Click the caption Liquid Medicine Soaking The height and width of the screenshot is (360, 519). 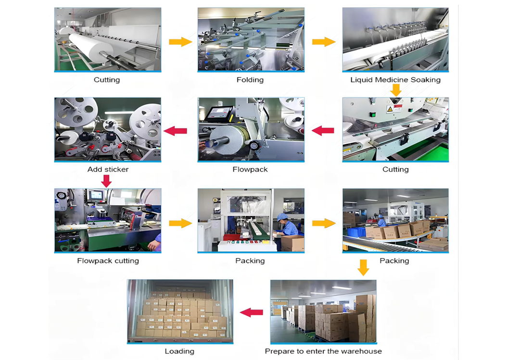(x=395, y=80)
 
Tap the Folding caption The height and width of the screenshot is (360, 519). (x=250, y=80)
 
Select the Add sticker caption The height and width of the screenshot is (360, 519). (x=108, y=169)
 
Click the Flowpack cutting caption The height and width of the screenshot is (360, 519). (x=108, y=261)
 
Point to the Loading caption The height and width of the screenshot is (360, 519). (x=179, y=351)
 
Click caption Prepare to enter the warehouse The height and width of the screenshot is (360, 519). (x=323, y=351)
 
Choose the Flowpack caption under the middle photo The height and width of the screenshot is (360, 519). (x=250, y=169)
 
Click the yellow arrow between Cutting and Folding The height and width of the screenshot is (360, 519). (x=180, y=42)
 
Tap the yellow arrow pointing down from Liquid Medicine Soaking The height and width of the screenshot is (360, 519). (x=395, y=90)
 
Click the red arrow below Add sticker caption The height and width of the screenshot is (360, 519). (x=107, y=181)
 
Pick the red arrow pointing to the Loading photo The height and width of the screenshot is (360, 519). (x=251, y=312)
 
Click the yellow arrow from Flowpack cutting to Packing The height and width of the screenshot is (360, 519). (x=180, y=223)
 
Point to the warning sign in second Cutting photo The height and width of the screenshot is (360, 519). (x=389, y=110)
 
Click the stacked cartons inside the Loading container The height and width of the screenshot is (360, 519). (x=180, y=315)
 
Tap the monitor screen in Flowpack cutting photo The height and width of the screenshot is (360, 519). (x=95, y=195)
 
